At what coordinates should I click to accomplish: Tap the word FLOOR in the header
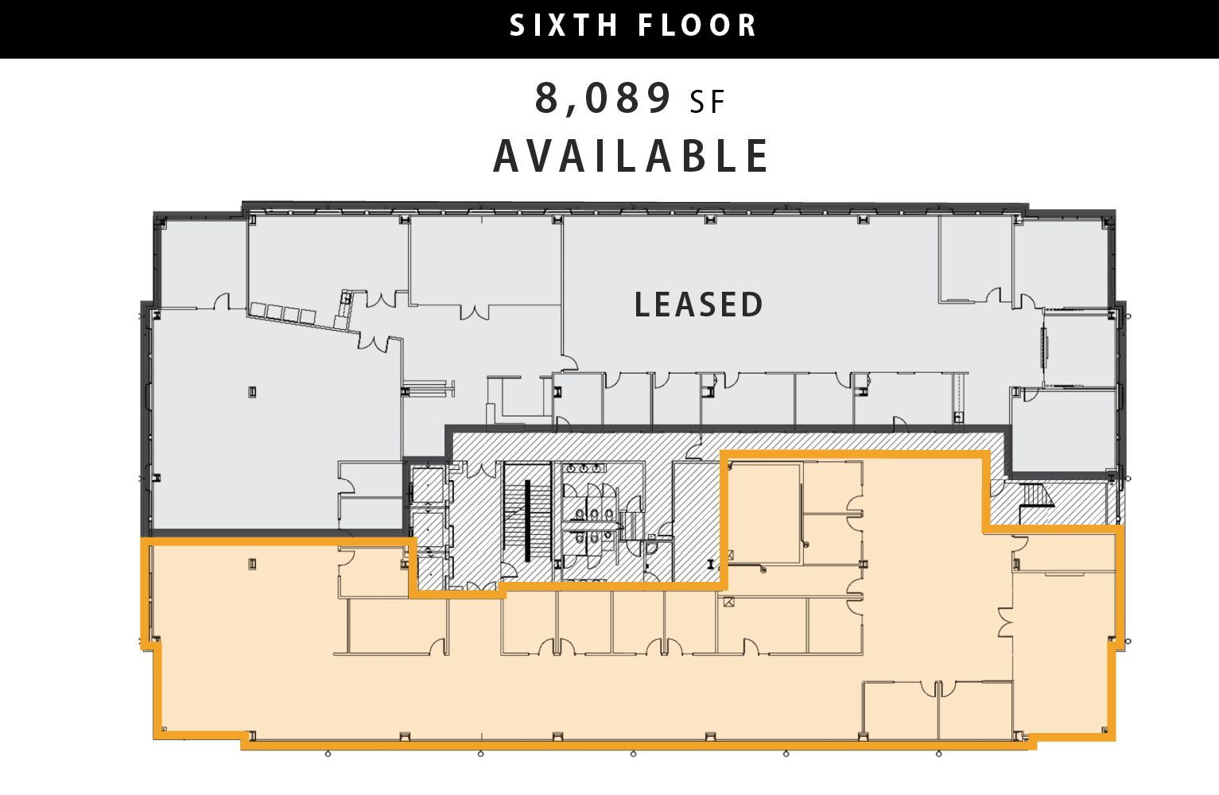[x=697, y=25]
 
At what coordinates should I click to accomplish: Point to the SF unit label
[x=707, y=102]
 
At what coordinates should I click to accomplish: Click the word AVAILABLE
[x=631, y=156]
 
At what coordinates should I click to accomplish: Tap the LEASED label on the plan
[x=699, y=304]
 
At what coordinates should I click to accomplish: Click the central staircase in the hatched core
[x=526, y=521]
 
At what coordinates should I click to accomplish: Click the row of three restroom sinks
[x=584, y=468]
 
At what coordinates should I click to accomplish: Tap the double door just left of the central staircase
[x=480, y=470]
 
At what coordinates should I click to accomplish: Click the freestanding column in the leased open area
[x=252, y=392]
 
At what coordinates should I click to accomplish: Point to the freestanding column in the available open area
[x=252, y=564]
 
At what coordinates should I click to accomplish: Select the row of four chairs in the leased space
[x=283, y=314]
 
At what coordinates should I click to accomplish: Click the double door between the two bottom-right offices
[x=938, y=688]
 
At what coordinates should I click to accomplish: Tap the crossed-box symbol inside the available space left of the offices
[x=728, y=602]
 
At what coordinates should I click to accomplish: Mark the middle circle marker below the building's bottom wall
[x=634, y=754]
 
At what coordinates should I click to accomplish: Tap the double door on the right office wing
[x=1006, y=621]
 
